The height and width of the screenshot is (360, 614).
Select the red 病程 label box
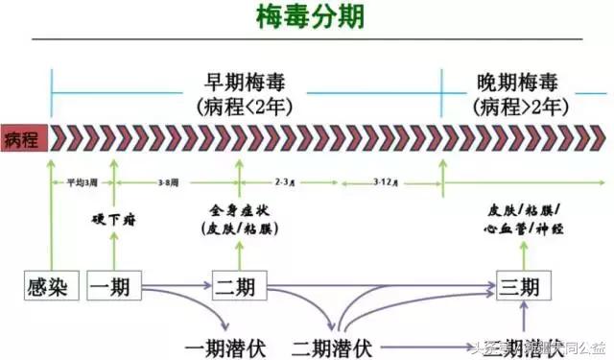coord(23,138)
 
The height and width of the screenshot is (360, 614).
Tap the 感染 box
coord(50,286)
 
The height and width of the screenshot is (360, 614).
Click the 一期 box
coord(114,286)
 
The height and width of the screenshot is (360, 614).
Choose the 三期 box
coord(524,286)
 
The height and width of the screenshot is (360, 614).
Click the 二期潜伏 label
coord(332,344)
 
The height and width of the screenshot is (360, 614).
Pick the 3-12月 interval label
coord(388,180)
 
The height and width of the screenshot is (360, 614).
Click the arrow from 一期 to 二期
coord(177,286)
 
